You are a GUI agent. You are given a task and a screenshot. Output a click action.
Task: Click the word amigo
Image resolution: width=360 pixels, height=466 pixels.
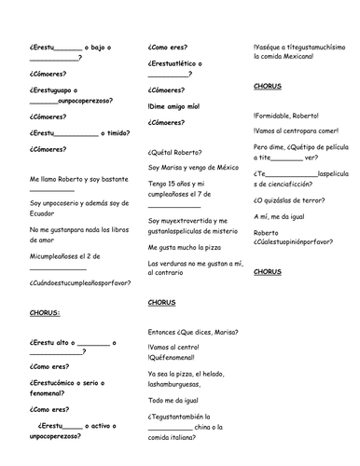[179, 106]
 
